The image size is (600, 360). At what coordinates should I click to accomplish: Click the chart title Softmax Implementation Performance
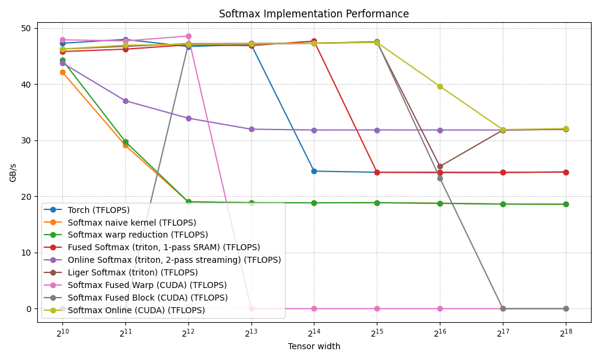pyautogui.click(x=314, y=14)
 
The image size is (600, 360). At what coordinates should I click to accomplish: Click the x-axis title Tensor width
pyautogui.click(x=314, y=346)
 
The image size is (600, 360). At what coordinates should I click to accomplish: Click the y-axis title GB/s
pyautogui.click(x=13, y=172)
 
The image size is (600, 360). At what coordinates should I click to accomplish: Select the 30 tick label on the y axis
pyautogui.click(x=26, y=140)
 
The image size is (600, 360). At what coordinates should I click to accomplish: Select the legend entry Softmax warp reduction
pyautogui.click(x=137, y=235)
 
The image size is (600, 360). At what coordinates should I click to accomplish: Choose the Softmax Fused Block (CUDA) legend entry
pyautogui.click(x=148, y=298)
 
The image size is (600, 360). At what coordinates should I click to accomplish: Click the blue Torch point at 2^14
pyautogui.click(x=314, y=171)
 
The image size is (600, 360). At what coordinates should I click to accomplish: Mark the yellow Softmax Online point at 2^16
pyautogui.click(x=440, y=86)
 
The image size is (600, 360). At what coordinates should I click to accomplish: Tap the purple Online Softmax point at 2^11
pyautogui.click(x=125, y=101)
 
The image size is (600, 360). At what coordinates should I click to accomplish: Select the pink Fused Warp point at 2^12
pyautogui.click(x=188, y=36)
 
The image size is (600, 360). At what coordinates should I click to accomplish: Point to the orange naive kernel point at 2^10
pyautogui.click(x=62, y=72)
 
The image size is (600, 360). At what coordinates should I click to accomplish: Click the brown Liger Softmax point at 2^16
pyautogui.click(x=440, y=166)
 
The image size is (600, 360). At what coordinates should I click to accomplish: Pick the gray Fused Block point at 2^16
pyautogui.click(x=440, y=178)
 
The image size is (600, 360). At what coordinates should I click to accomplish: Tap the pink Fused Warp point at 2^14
pyautogui.click(x=314, y=308)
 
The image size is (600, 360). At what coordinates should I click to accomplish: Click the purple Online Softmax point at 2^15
pyautogui.click(x=377, y=130)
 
